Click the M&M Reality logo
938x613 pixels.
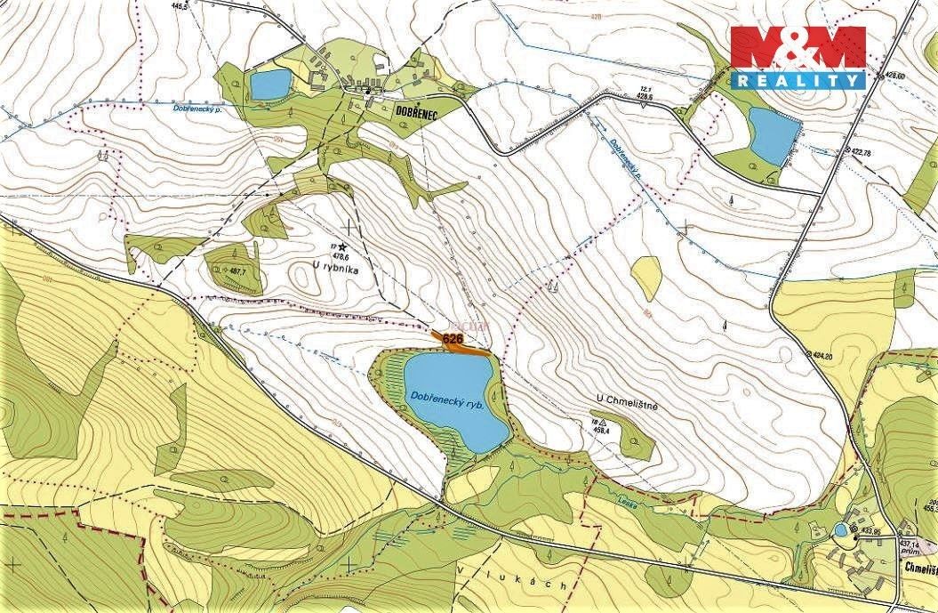point(798,57)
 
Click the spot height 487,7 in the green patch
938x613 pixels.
point(237,271)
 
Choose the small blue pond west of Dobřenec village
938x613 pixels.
point(269,85)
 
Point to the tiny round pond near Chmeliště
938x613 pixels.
point(840,530)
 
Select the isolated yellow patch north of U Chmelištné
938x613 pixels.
point(646,278)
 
